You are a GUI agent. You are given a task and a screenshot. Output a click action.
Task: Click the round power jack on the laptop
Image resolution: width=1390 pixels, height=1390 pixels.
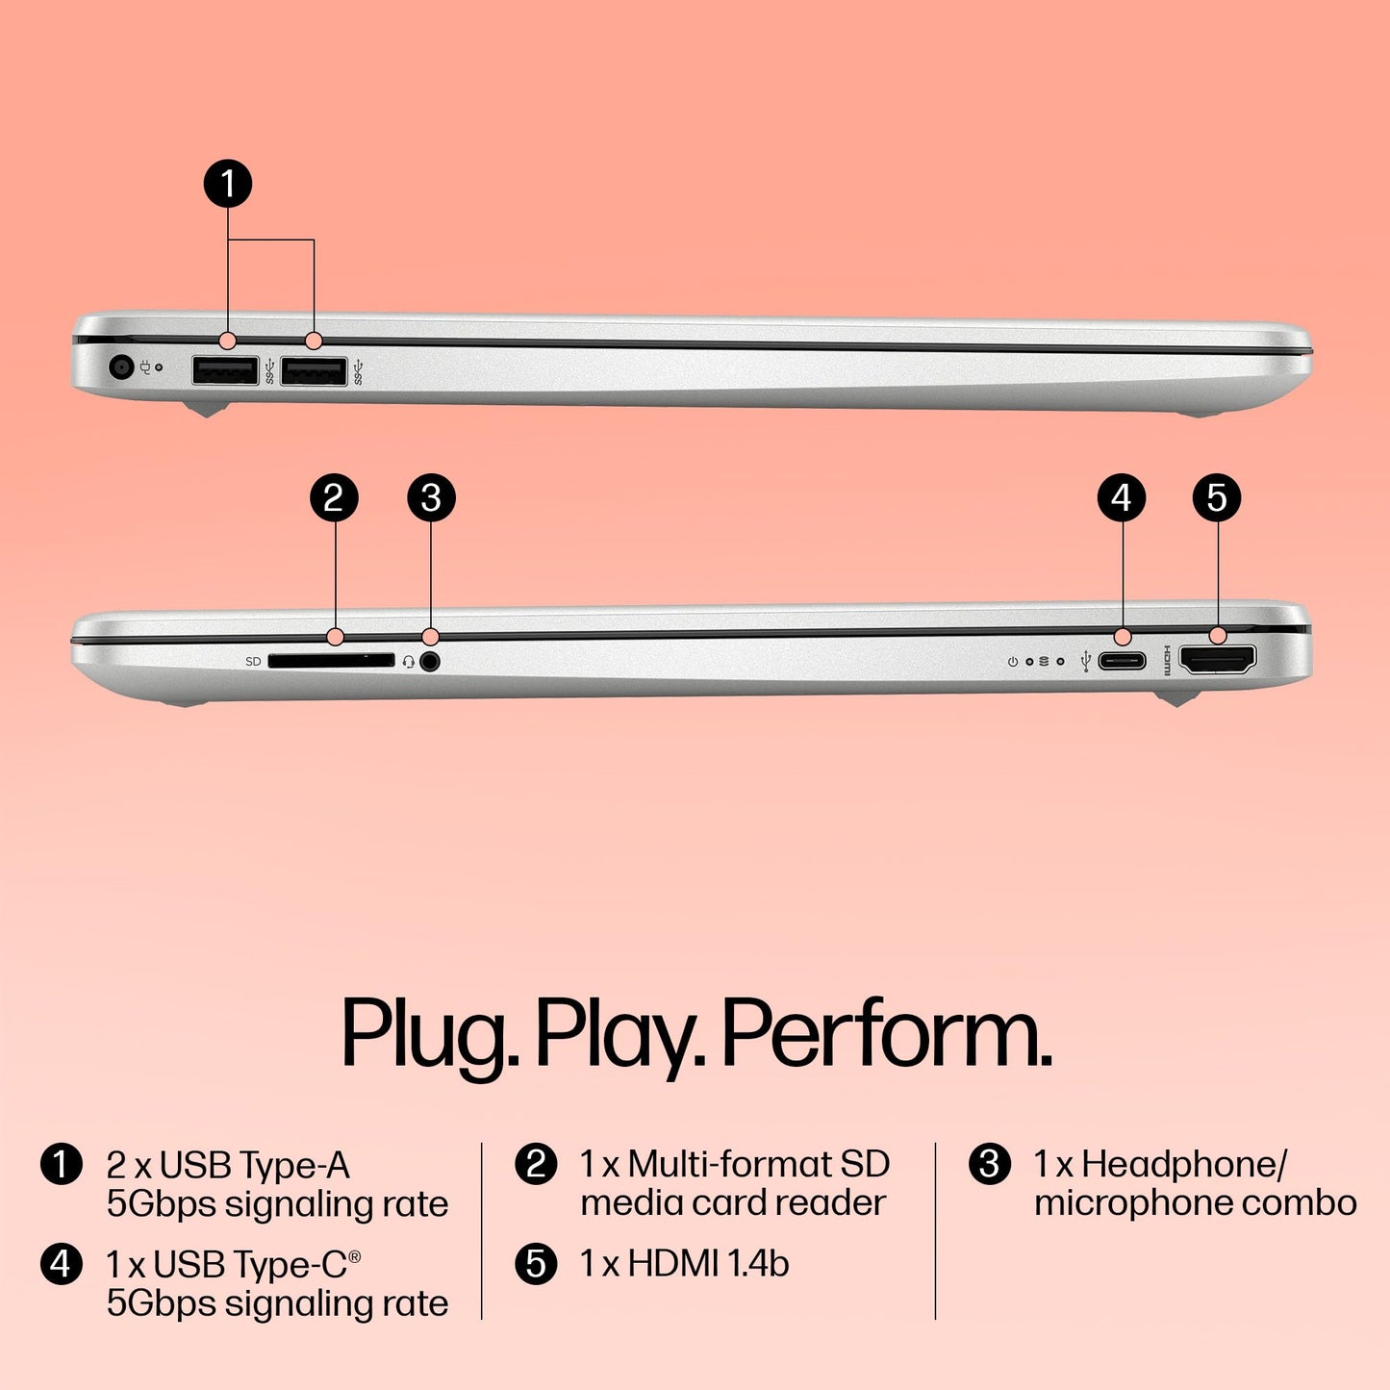coord(121,366)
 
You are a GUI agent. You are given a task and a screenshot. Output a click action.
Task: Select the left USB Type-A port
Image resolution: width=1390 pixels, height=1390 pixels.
coord(225,369)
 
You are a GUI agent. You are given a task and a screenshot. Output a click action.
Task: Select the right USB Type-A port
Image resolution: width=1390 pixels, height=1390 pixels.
coord(314,369)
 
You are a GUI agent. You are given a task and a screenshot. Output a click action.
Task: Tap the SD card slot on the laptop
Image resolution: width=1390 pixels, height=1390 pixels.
coord(331,661)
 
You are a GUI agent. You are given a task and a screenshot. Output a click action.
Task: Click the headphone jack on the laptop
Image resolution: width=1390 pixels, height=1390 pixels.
coord(430,662)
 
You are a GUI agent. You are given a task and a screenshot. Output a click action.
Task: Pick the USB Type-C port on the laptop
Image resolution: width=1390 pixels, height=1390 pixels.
coord(1122,661)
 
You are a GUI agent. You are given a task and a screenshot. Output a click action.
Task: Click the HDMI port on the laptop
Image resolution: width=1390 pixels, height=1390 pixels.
coord(1217,660)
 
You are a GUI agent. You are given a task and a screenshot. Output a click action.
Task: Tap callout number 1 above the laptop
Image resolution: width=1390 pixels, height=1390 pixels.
coord(228,184)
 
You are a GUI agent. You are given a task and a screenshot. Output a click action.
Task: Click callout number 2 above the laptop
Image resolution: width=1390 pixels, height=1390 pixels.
coord(334,498)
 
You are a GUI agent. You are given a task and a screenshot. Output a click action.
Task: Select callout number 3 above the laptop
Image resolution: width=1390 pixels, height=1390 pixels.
coord(431,498)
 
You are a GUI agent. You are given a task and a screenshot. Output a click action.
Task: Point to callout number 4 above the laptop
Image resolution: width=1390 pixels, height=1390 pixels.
coord(1122,498)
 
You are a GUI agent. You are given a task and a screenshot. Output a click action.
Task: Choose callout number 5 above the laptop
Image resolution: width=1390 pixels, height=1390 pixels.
coord(1217,498)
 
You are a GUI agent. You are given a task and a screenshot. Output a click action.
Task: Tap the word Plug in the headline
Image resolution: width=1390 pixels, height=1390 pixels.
coord(429,1037)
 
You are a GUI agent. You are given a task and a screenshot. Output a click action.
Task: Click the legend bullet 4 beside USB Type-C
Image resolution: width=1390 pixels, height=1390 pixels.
coord(61,1263)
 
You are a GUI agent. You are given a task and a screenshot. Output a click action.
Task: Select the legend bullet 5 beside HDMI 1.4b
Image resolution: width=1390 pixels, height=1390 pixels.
coord(536,1263)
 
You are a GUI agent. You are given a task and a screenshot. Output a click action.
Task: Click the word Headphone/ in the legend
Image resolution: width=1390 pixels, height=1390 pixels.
coord(1183,1165)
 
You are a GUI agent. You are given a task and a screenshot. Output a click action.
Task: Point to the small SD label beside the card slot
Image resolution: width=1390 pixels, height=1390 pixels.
coord(253,662)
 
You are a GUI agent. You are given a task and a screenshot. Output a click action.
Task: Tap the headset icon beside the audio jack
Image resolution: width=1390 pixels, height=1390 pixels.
coord(409,662)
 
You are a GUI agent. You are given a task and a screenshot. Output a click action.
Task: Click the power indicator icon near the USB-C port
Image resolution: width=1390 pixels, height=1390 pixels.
coord(1012,662)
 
